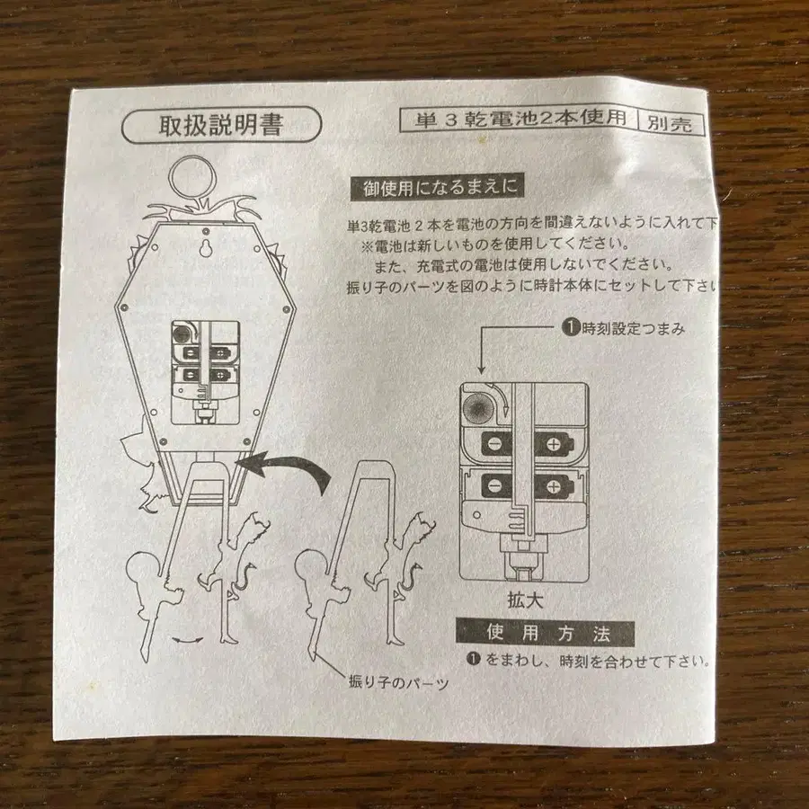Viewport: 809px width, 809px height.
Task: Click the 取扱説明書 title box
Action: click(220, 124)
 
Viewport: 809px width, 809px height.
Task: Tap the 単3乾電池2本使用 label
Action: click(520, 120)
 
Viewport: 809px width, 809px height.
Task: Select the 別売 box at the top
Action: click(671, 124)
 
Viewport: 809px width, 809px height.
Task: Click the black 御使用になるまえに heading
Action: click(439, 190)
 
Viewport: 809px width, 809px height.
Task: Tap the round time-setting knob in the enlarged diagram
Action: click(482, 406)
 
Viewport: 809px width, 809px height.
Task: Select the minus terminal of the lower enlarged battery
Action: click(493, 485)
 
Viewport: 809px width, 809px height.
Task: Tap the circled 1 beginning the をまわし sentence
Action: click(474, 660)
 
